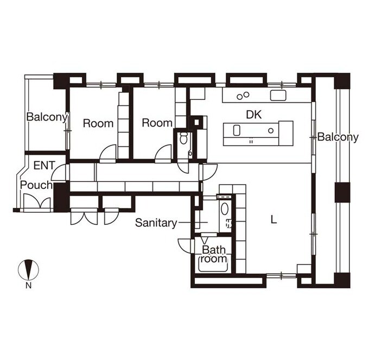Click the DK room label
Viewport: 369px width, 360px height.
click(254, 115)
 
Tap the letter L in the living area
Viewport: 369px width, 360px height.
click(273, 220)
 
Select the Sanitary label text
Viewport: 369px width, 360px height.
click(156, 223)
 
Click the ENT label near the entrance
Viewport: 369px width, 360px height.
click(44, 165)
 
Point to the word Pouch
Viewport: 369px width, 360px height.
click(36, 185)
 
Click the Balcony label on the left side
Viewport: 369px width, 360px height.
click(47, 117)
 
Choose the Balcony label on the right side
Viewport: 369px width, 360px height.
click(338, 137)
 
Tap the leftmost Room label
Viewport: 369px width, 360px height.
click(98, 123)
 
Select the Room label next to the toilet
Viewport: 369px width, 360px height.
click(157, 123)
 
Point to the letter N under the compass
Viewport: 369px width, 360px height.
click(28, 286)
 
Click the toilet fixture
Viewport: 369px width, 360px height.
click(183, 137)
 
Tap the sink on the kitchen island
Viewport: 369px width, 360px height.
click(237, 130)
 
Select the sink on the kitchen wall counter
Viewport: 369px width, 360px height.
click(278, 96)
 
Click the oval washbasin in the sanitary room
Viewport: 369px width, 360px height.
click(225, 209)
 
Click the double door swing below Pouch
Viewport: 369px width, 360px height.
click(37, 201)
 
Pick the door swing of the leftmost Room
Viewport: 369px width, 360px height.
click(108, 153)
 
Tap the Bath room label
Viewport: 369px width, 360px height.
click(214, 254)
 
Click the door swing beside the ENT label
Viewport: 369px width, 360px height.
click(58, 173)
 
